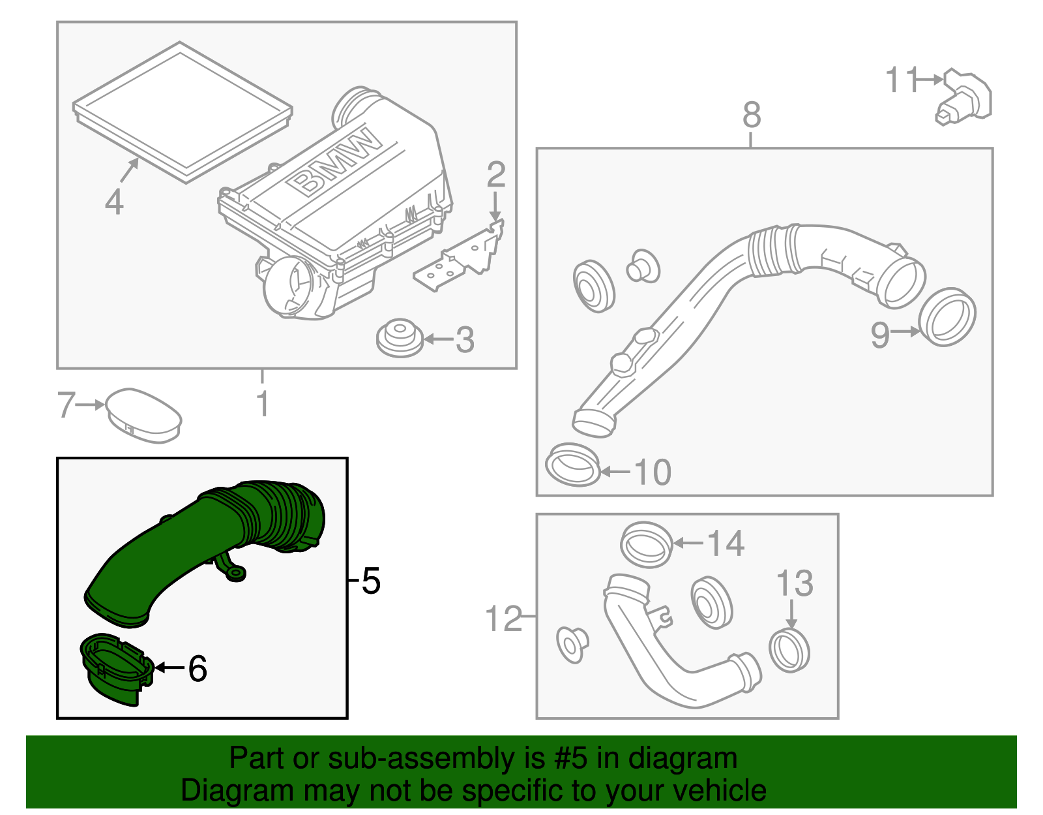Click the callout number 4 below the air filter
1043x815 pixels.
pos(114,202)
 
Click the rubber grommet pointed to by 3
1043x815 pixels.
pos(399,338)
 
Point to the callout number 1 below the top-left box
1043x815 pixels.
pos(262,404)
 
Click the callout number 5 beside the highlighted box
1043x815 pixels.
pos(370,580)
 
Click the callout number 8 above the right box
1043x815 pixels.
pos(751,115)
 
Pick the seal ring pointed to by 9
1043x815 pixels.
pos(947,317)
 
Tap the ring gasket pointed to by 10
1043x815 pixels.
pos(572,465)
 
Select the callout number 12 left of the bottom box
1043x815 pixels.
pos(504,618)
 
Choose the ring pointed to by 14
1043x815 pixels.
pos(646,544)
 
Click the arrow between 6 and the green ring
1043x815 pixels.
pos(169,668)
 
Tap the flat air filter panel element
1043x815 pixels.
pos(183,111)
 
